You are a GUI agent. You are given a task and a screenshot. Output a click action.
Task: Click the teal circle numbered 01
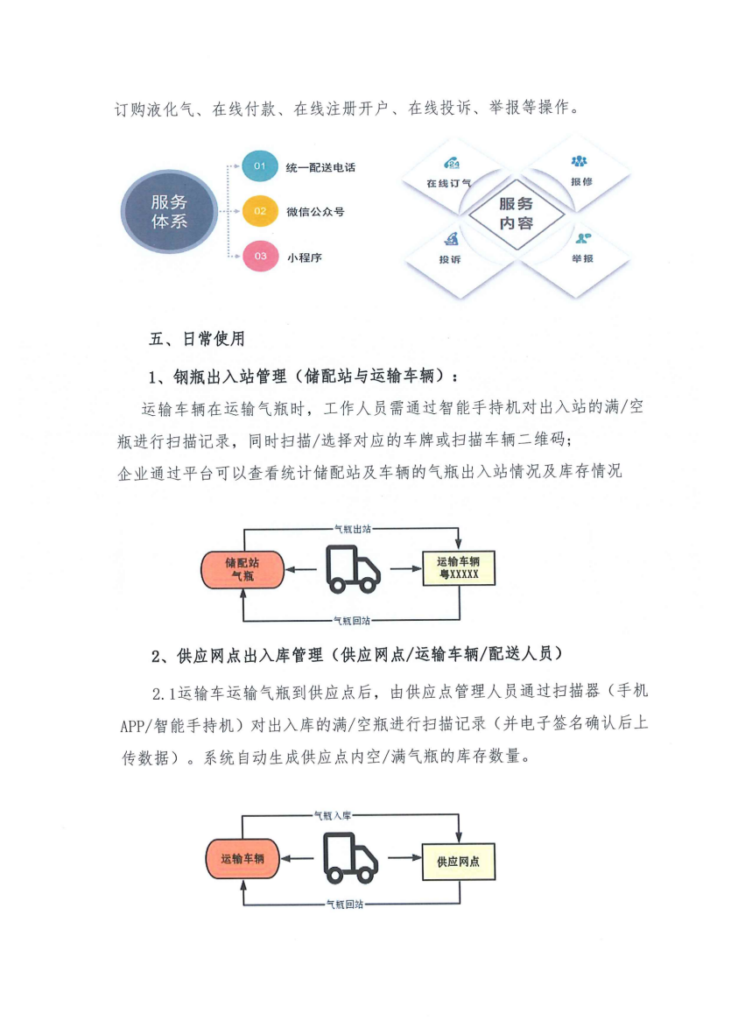pos(260,166)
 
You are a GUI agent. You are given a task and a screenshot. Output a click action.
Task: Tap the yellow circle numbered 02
pos(260,211)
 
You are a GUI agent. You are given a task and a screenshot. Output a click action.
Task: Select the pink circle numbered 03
pos(260,256)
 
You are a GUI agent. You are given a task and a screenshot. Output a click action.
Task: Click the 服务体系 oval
pos(169,211)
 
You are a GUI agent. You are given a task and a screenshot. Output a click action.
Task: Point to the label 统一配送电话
pos(320,167)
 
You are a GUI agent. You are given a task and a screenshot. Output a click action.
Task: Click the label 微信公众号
pos(315,212)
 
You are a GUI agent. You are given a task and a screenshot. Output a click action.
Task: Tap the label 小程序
pos(304,257)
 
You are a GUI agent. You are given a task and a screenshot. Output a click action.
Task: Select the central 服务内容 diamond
pos(516,214)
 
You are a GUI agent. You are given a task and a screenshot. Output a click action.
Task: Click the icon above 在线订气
pos(451,164)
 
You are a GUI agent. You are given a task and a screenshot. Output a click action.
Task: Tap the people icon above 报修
pos(580,161)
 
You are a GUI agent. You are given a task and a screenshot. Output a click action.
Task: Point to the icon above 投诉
pos(451,239)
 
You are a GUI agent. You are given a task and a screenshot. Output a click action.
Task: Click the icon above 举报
pos(582,237)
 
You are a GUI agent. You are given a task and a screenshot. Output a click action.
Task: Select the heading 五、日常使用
pos(197,339)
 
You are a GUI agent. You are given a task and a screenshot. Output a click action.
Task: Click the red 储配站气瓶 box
pos(242,569)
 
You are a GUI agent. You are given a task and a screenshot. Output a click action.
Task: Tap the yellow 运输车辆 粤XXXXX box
pos(459,567)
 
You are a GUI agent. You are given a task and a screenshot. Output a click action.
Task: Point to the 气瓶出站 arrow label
pos(352,529)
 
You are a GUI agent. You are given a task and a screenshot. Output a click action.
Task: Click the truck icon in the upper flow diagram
pos(353,569)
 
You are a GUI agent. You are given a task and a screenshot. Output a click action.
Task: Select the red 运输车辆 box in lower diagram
pos(242,859)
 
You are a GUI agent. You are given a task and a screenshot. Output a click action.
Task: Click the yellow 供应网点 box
pos(459,862)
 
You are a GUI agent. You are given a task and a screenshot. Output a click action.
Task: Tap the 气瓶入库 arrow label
pos(333,816)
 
